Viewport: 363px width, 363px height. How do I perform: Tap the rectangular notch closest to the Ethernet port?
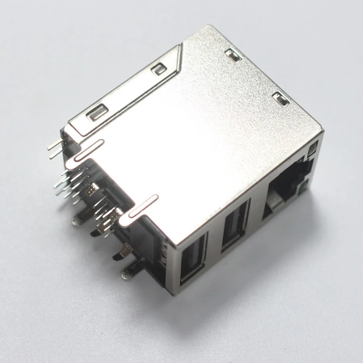click(x=281, y=98)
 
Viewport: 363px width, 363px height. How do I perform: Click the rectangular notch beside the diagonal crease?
click(x=158, y=69)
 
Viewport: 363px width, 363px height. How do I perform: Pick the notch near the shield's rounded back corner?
click(x=233, y=55)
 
